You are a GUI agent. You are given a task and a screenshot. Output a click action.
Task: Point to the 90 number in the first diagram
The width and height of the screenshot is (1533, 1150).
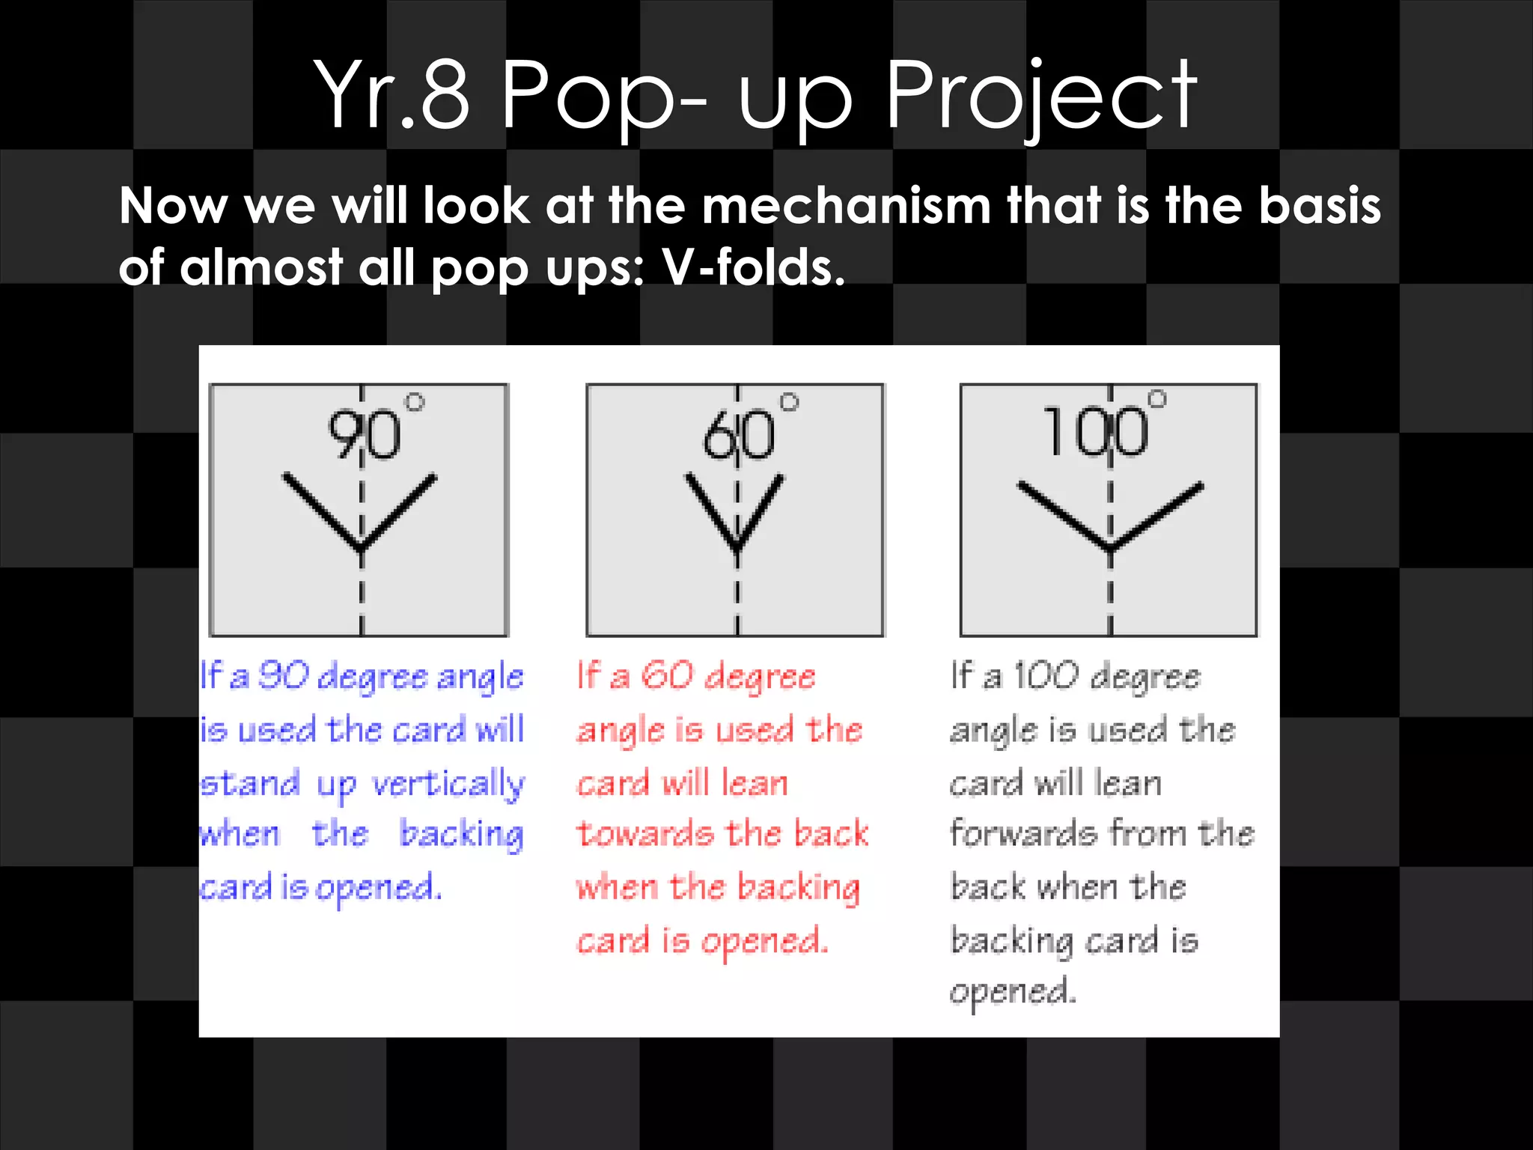coord(365,435)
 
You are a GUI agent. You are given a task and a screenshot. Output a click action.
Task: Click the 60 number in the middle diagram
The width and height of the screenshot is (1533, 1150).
coord(739,435)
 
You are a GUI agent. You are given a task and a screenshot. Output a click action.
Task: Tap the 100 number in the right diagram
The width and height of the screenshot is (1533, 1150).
coord(1095,432)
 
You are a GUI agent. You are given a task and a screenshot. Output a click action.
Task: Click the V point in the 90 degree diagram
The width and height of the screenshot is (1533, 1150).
coord(362,550)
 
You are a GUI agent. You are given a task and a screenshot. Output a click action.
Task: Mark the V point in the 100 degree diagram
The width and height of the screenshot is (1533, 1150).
coord(1111,549)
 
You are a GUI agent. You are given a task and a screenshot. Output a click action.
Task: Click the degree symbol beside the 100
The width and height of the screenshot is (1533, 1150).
coord(1157,398)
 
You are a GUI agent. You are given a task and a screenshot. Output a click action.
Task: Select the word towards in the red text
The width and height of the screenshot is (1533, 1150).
coord(644,834)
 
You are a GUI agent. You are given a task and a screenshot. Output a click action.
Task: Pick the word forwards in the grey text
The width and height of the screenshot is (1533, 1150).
coord(1022,833)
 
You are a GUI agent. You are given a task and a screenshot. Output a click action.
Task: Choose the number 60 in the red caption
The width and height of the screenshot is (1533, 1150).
coord(668,676)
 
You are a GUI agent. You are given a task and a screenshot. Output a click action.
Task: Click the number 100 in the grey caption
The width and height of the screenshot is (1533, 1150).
coord(1046,676)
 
